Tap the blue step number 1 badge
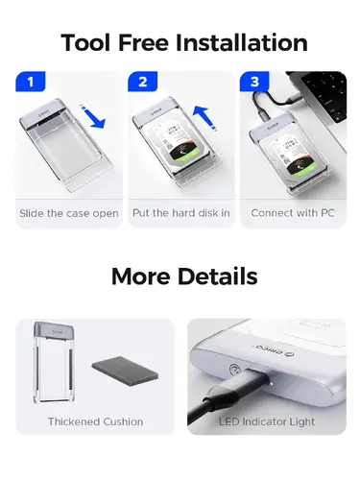pyautogui.click(x=30, y=83)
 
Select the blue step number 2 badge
pyautogui.click(x=141, y=83)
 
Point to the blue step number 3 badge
pyautogui.click(x=253, y=83)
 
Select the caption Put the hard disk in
pyautogui.click(x=180, y=213)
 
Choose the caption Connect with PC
pyautogui.click(x=292, y=213)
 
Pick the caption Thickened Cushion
pyautogui.click(x=95, y=421)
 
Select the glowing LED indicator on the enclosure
pyautogui.click(x=233, y=369)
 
